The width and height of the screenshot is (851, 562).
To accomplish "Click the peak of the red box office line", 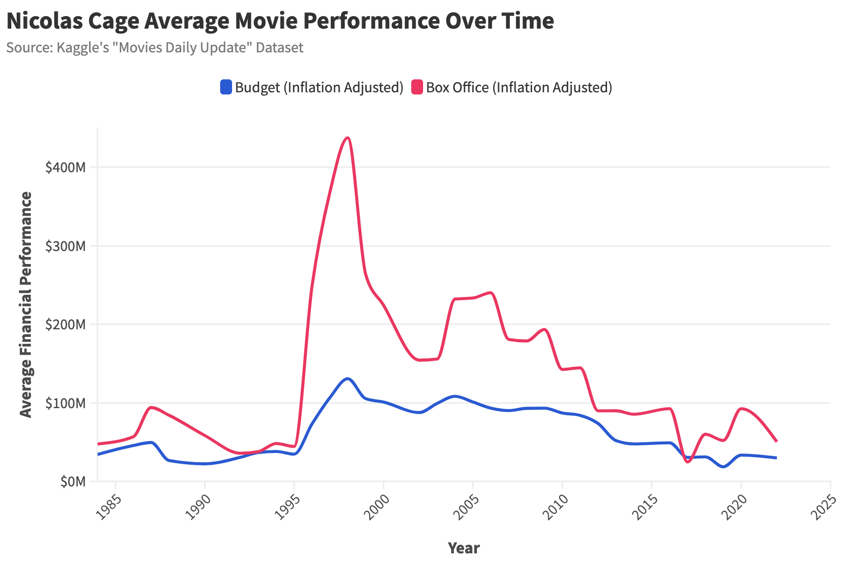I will (348, 138).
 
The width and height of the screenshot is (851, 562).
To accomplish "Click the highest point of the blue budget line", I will (348, 379).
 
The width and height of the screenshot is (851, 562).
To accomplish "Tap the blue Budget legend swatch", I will (226, 87).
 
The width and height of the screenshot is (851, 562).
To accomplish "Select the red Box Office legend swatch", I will (417, 87).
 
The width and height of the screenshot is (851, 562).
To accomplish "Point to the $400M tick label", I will (65, 168).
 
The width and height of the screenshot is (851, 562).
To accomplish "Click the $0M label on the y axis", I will (72, 482).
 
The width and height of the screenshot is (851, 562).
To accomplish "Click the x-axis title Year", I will (464, 549).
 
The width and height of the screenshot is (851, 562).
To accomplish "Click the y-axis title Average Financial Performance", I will (26, 304).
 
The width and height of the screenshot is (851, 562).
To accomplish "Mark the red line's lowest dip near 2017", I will (687, 462).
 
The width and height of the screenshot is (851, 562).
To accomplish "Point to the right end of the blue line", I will (776, 458).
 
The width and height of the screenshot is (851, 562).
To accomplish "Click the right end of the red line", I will (776, 441).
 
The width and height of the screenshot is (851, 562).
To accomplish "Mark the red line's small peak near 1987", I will (152, 407).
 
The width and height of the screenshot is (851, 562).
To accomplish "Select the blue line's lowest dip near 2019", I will (723, 466).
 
